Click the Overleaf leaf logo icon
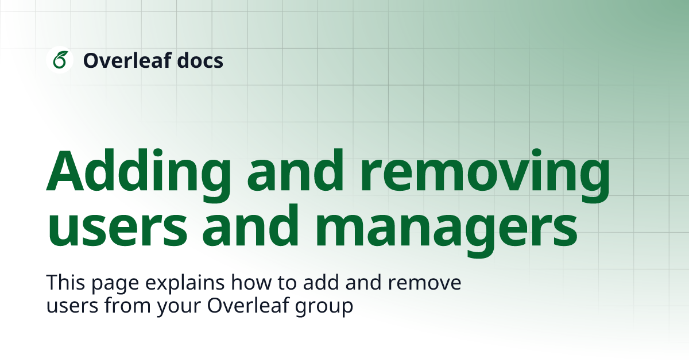pos(60,60)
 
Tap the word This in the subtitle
pos(64,284)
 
